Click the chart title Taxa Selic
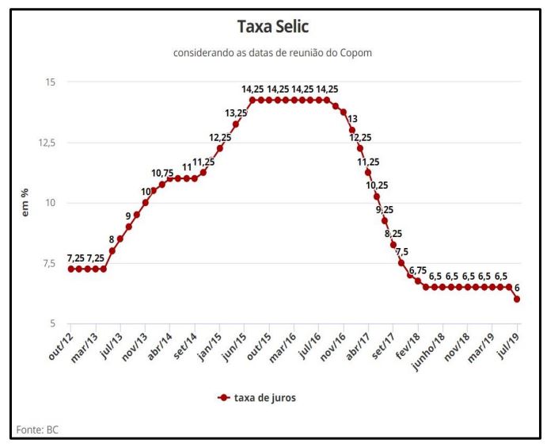(x=273, y=27)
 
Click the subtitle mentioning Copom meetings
(x=273, y=53)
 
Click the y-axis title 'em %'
(x=25, y=203)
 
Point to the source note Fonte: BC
(x=37, y=430)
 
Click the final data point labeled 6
(x=518, y=299)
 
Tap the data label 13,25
(x=236, y=113)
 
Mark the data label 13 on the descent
(x=352, y=119)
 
